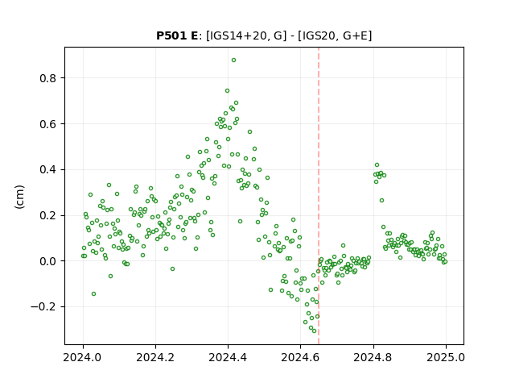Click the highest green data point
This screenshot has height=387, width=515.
click(233, 60)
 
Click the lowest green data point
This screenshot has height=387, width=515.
click(314, 331)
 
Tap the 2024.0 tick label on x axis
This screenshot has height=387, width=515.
click(83, 357)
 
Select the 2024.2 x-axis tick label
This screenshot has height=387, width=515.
click(155, 357)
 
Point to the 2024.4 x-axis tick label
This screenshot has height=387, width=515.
click(228, 357)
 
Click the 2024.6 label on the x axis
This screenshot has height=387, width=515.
click(300, 357)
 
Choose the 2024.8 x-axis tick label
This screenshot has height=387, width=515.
click(373, 357)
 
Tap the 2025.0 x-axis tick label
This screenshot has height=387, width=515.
click(446, 357)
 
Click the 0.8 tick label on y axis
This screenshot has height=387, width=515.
click(48, 78)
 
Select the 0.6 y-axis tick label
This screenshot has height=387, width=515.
click(48, 124)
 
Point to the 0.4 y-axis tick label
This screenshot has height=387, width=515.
click(48, 170)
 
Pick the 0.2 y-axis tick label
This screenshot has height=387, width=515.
click(48, 215)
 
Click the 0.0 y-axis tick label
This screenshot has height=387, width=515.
click(48, 261)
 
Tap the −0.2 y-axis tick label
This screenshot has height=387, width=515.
click(43, 307)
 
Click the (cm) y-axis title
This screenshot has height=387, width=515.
click(19, 197)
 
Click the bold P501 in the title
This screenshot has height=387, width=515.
click(172, 35)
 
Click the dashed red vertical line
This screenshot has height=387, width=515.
click(319, 196)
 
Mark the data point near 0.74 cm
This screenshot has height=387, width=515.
click(227, 91)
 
